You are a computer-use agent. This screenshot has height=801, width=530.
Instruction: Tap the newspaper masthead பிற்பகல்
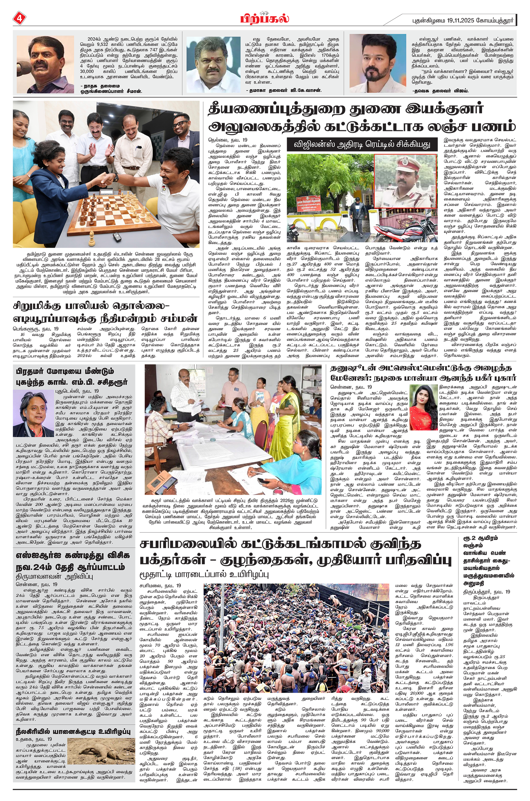tap(265, 18)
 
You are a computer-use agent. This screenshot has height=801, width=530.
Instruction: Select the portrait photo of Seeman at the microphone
tap(45, 64)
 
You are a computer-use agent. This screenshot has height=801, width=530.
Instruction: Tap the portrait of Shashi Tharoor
tap(34, 413)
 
